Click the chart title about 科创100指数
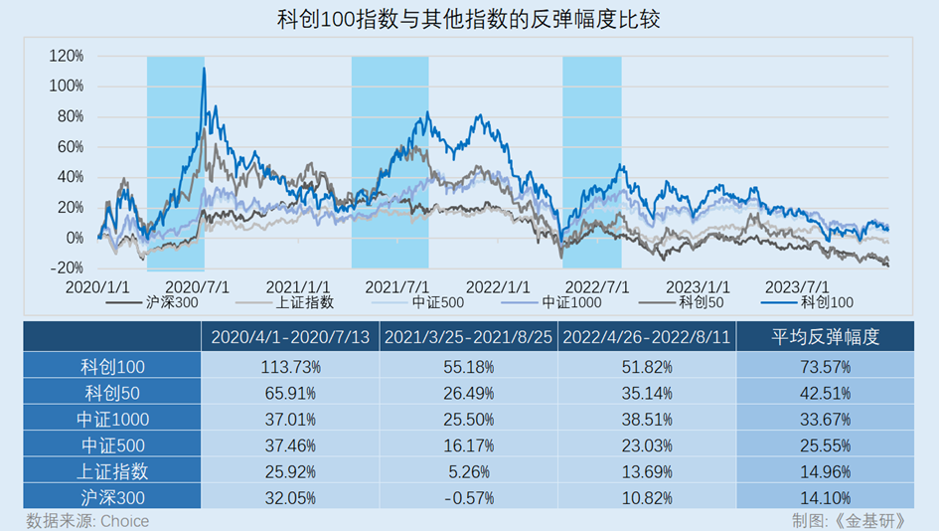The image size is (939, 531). tap(469, 20)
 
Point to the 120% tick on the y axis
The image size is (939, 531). tap(67, 56)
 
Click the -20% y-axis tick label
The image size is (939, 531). tap(67, 268)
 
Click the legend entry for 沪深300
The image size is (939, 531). tap(171, 302)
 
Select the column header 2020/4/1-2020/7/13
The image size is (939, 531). tap(290, 337)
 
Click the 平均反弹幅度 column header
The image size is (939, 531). tap(826, 337)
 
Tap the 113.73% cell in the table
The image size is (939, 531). tap(290, 367)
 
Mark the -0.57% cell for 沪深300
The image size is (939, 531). tap(469, 497)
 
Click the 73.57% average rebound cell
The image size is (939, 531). tap(826, 367)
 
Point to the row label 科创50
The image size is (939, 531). tap(113, 393)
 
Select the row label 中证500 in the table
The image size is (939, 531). tap(113, 444)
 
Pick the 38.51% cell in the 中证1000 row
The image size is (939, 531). tap(647, 419)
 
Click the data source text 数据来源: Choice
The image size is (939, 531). tap(87, 521)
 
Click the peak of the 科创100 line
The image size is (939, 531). tap(204, 69)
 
